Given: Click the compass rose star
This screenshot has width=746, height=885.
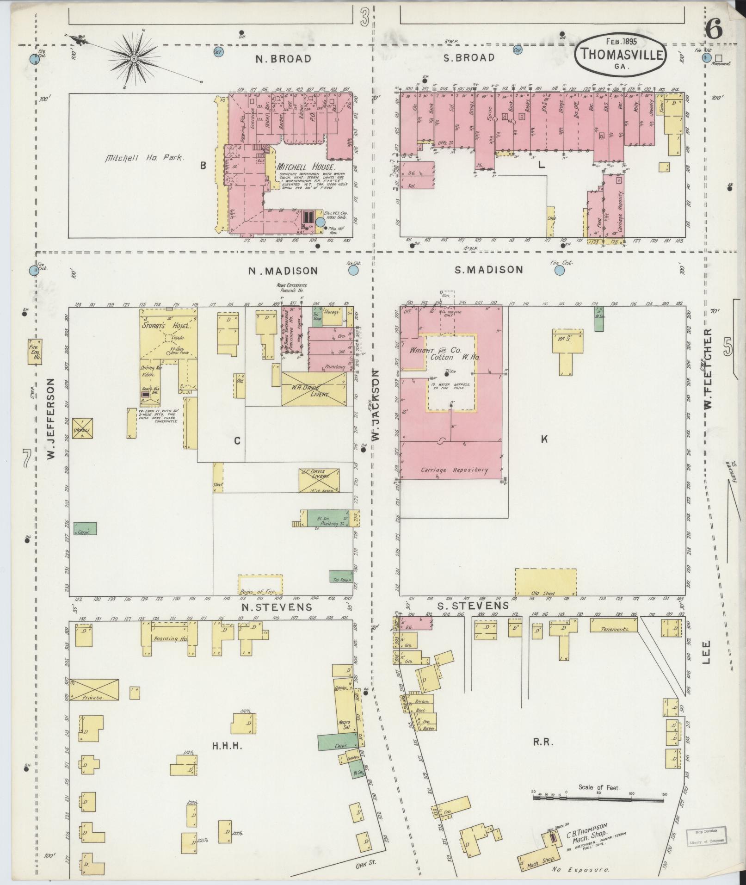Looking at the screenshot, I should tap(134, 58).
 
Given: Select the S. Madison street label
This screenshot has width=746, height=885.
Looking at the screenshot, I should tap(488, 270).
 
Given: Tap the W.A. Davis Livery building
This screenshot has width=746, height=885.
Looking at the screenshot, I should tap(314, 390).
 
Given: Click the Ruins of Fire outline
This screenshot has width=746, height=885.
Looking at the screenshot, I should tap(260, 585).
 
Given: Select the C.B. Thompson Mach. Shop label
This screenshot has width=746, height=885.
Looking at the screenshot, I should tap(587, 831).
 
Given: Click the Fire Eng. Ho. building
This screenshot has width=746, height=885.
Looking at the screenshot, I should tap(35, 351).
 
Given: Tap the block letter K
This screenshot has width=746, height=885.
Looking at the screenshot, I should tap(544, 439).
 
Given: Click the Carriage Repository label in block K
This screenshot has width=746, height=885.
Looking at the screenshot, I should tap(454, 470).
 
